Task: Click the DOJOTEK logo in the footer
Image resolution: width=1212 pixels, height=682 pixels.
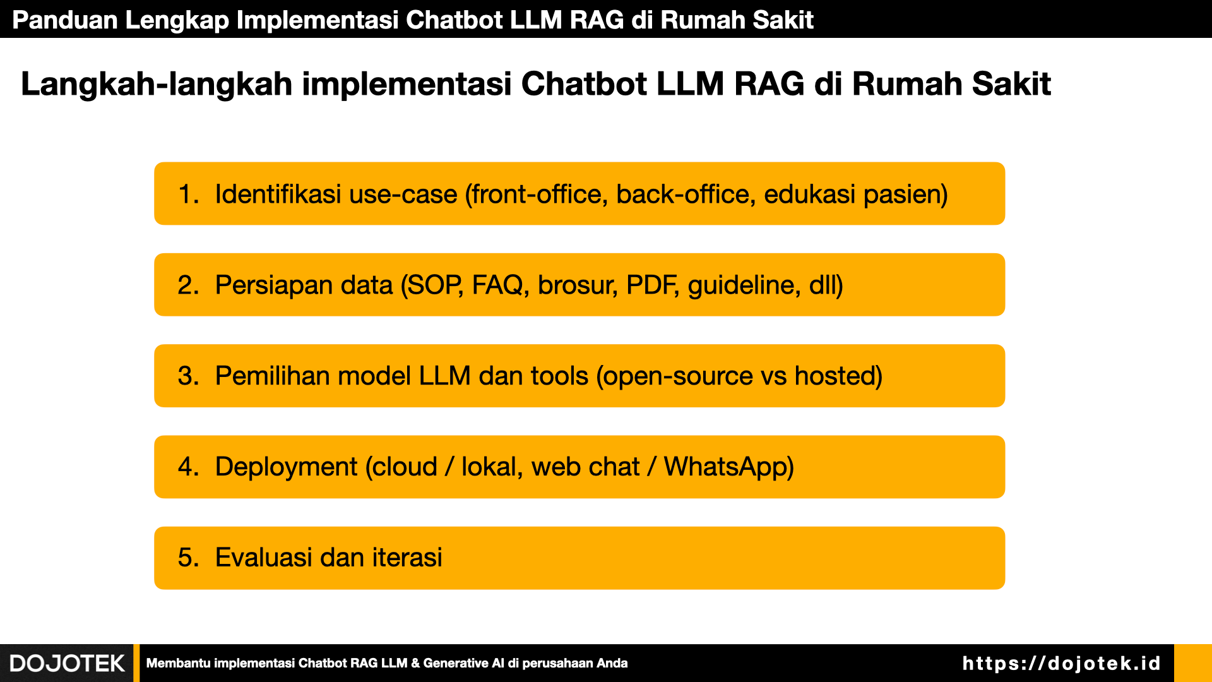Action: click(67, 663)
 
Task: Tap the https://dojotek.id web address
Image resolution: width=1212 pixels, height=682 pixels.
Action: click(1061, 663)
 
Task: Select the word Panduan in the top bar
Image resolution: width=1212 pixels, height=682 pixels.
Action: click(65, 20)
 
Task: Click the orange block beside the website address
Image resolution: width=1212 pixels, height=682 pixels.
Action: click(1193, 663)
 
